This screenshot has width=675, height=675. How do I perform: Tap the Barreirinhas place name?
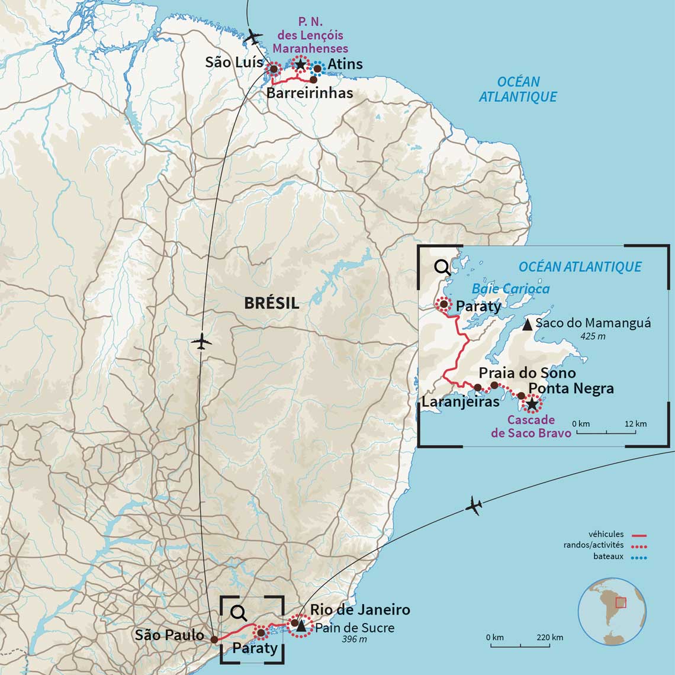[x=309, y=93]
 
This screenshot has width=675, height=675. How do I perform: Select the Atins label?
[x=345, y=64]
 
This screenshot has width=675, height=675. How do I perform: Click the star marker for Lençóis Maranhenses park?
[x=300, y=64]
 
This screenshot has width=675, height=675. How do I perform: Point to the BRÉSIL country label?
[x=272, y=303]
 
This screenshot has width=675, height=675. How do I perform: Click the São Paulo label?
[x=169, y=635]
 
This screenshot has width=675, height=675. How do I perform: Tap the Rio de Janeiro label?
[x=360, y=610]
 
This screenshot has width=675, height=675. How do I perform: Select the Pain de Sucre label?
[x=355, y=628]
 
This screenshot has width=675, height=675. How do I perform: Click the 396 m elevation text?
[x=355, y=639]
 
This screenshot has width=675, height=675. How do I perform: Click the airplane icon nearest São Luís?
[x=253, y=37]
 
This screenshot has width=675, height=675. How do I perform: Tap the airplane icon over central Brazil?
[x=202, y=342]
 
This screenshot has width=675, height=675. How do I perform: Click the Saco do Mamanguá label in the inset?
[x=593, y=323]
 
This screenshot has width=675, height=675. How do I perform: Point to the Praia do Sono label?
[x=527, y=373]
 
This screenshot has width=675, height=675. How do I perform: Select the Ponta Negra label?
[x=571, y=388]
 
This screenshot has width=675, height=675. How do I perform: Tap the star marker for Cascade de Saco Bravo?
[x=532, y=404]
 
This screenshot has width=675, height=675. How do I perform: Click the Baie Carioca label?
[x=510, y=289]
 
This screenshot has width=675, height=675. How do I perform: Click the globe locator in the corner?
[x=612, y=612]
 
